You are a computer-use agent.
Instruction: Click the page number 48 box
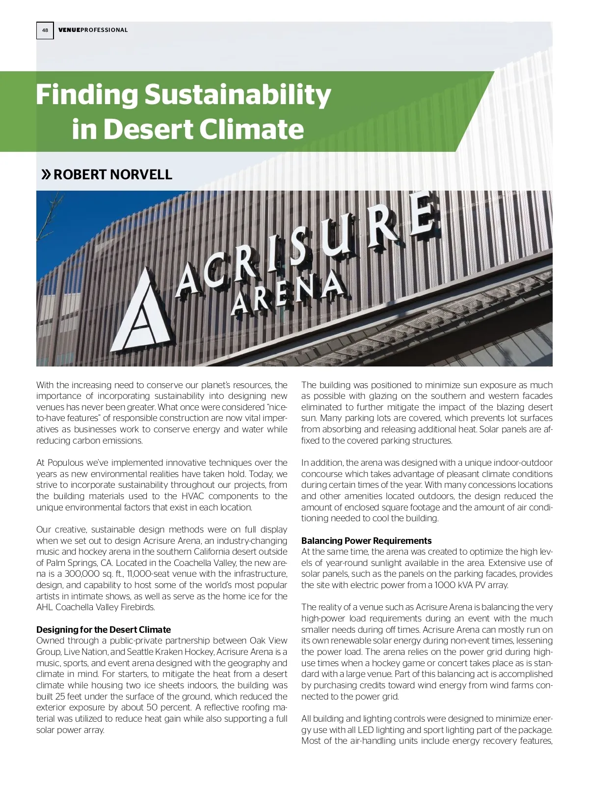(45, 30)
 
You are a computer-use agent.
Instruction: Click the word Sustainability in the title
(238, 94)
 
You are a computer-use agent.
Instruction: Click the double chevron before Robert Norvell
(46, 174)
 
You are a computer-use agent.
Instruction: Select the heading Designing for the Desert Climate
(104, 629)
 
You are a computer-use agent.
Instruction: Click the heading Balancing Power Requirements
(366, 540)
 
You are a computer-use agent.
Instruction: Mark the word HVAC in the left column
(192, 496)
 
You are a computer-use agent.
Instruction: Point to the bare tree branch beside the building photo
(49, 216)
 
